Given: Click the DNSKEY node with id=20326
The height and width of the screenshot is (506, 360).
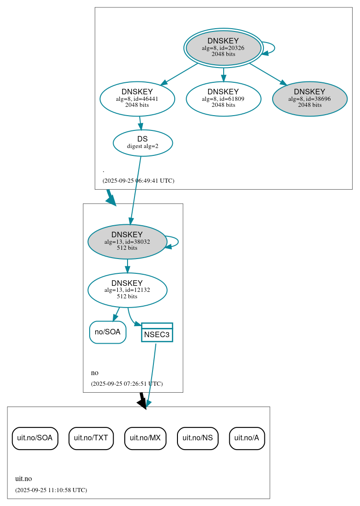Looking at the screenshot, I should (x=223, y=48).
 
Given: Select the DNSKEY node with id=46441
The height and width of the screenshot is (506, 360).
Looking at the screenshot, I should (x=137, y=99).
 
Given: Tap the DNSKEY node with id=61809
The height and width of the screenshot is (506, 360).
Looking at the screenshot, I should (x=223, y=99).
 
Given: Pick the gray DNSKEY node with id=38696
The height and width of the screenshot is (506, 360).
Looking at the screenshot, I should (x=310, y=99).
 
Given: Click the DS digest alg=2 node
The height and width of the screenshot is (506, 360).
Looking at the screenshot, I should (x=142, y=143).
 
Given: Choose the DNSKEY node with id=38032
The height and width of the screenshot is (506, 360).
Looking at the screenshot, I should (x=127, y=241).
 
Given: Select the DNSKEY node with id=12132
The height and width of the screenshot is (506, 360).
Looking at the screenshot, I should (x=127, y=290).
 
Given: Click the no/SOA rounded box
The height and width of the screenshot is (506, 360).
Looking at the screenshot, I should (x=108, y=332).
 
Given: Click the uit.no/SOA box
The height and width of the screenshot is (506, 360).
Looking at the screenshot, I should (x=35, y=438).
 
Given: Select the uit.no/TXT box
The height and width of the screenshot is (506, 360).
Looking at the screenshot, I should (x=91, y=438).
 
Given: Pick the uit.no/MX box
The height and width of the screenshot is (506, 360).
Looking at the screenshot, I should (x=145, y=438).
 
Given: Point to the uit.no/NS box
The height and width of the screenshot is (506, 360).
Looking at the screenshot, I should (x=197, y=438).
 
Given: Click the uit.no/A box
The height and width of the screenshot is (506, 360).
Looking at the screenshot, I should (x=247, y=438).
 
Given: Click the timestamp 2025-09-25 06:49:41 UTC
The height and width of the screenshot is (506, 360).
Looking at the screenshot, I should (x=138, y=181).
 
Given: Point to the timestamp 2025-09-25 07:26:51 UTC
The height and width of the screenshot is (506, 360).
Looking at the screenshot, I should (x=127, y=384).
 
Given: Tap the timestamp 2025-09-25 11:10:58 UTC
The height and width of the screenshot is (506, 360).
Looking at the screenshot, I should (x=51, y=490).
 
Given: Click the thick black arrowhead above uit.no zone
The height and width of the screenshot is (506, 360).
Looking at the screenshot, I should (x=143, y=403).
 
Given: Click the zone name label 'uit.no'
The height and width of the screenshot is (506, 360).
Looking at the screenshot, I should (x=24, y=479).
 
